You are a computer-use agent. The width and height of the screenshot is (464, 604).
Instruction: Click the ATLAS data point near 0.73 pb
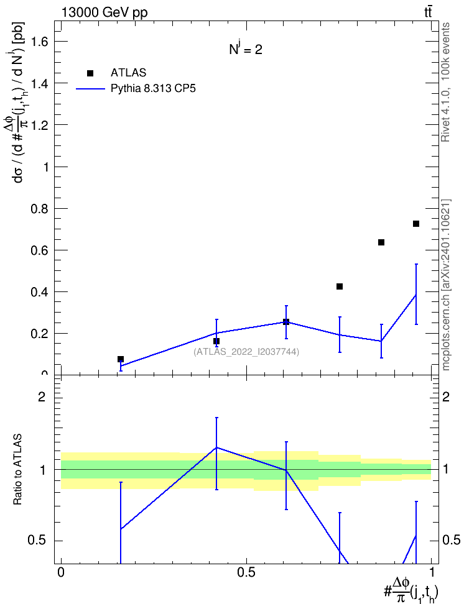tap(415, 224)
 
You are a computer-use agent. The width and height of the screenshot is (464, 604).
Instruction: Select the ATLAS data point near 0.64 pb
tap(381, 242)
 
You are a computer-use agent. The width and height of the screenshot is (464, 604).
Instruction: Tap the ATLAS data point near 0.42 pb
tap(340, 286)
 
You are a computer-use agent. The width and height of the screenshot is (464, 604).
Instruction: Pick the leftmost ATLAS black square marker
tap(120, 359)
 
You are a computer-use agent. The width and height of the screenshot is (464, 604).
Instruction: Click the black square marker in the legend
tap(90, 73)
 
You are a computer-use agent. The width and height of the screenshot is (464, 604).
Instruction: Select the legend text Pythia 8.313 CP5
tap(153, 89)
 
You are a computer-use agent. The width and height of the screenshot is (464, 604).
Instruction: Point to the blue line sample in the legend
tap(91, 89)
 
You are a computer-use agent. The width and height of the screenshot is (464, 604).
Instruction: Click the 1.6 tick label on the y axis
tap(39, 41)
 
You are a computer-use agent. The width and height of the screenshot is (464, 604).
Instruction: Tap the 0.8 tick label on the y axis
tap(39, 208)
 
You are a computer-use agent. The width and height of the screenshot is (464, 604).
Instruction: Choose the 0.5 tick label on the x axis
tap(246, 572)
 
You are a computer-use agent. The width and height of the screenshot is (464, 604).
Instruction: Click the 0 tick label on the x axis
tap(60, 572)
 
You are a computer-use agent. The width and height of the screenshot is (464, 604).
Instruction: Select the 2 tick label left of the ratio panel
tap(42, 396)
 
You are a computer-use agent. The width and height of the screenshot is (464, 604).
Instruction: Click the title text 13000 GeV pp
tap(104, 12)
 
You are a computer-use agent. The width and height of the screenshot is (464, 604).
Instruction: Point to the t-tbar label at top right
tap(428, 12)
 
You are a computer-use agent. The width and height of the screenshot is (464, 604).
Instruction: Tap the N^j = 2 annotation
tap(246, 48)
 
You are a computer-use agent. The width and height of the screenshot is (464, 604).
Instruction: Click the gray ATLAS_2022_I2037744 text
tap(246, 352)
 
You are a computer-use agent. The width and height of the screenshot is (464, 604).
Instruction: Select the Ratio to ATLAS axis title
tap(17, 470)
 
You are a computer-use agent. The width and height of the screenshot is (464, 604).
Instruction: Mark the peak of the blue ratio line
tap(216, 447)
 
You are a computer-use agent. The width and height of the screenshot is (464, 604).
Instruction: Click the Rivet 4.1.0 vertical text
tap(445, 82)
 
